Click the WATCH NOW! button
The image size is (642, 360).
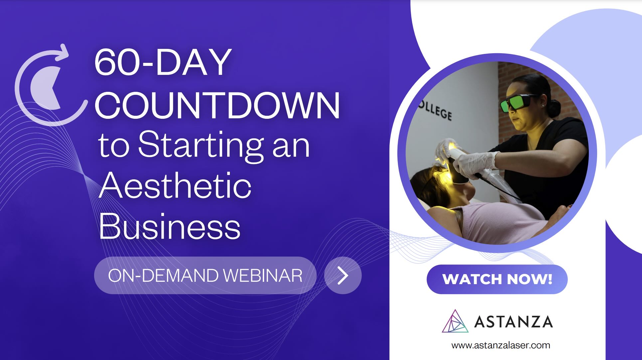497,279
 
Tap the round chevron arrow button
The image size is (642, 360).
343,275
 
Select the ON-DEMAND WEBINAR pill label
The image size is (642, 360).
205,275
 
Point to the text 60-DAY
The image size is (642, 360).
163,62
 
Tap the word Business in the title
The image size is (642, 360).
170,226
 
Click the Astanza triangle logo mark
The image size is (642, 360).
455,321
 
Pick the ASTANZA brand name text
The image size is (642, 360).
513,322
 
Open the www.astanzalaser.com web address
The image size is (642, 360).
501,345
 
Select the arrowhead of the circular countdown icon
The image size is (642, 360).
63,53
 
